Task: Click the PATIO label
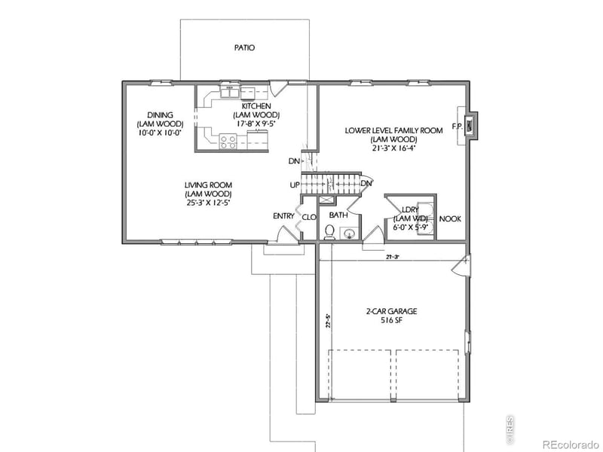(x=243, y=47)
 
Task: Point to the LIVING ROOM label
(x=208, y=185)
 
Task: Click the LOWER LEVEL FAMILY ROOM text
(x=393, y=130)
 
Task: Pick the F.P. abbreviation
(x=457, y=126)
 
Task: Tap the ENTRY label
(x=283, y=216)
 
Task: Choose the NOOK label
(x=451, y=219)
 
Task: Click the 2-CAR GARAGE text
(x=391, y=310)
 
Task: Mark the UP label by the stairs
(x=294, y=185)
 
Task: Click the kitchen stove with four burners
(x=228, y=139)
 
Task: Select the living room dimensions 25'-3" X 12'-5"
(x=208, y=203)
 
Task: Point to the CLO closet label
(x=308, y=218)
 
